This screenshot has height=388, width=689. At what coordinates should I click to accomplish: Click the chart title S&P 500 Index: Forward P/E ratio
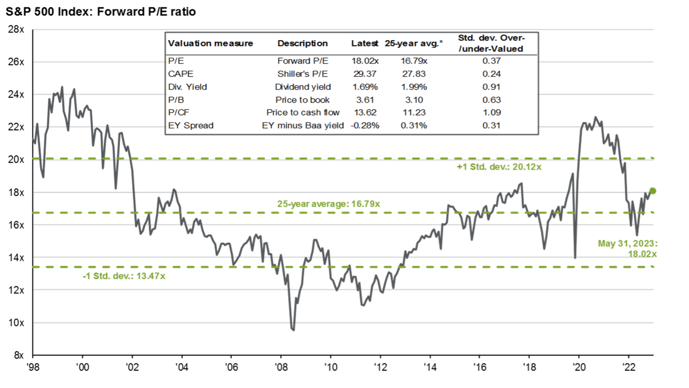point(101,11)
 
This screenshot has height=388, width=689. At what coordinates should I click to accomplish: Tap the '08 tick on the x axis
point(280,367)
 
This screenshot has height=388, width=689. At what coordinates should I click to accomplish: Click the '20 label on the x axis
point(579,367)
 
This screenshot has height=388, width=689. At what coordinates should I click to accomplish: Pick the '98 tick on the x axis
point(32,367)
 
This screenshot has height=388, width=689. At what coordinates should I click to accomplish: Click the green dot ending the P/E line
point(653,190)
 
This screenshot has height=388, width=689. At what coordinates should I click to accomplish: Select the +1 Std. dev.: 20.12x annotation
point(499,167)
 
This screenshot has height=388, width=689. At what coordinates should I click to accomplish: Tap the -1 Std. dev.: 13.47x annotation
point(124,276)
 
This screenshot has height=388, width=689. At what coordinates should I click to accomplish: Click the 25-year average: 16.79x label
point(328,204)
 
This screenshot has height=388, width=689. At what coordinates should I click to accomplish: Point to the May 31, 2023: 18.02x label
point(627,249)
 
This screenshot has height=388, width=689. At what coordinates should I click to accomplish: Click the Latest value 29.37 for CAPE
point(364,74)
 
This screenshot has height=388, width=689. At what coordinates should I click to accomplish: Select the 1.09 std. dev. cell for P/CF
point(491,113)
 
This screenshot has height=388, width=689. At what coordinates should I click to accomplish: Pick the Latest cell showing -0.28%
point(364,125)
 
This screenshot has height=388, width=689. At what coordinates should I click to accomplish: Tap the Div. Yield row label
point(187,87)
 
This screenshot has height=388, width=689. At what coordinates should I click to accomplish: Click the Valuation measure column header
point(210,43)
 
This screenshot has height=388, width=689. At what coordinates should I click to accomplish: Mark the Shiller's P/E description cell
point(302,74)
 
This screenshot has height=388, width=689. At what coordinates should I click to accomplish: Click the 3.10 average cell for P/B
point(413,99)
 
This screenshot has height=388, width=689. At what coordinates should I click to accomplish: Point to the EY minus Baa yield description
point(302,125)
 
